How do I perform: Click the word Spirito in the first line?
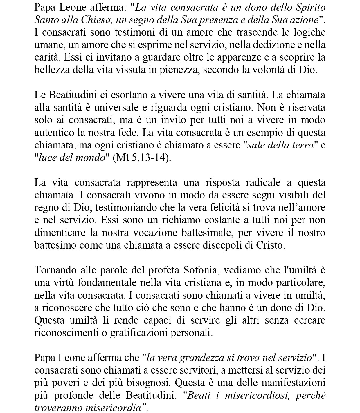point(311,8)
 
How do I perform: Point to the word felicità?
point(216,208)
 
